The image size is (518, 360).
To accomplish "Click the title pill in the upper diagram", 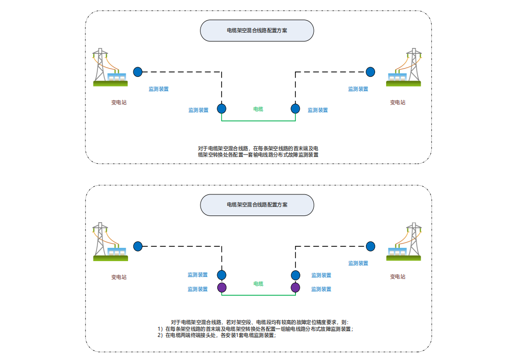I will pos(257,30).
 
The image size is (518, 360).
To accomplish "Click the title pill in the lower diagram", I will pos(257,204).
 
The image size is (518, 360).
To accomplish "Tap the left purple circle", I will pos(222,288).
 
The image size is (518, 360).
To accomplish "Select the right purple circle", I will pos(295,288).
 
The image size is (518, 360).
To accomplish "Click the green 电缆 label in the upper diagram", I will pos(258,109).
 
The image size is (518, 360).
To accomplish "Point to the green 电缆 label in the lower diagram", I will pos(258,284).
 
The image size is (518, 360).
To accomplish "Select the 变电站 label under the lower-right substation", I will pos(398,276).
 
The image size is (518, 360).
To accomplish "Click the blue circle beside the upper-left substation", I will pos(138,72).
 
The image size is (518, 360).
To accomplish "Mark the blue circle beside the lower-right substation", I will pos(370,246).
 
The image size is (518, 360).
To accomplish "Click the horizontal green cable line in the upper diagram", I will pos(259,121).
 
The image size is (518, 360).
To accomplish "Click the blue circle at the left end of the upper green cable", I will pos(222,108).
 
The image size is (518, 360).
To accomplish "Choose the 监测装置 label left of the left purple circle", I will pos(198,289).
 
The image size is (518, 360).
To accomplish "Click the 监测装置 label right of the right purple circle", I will pos(321,289).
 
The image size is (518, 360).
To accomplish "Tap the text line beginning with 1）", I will pos(255,329).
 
